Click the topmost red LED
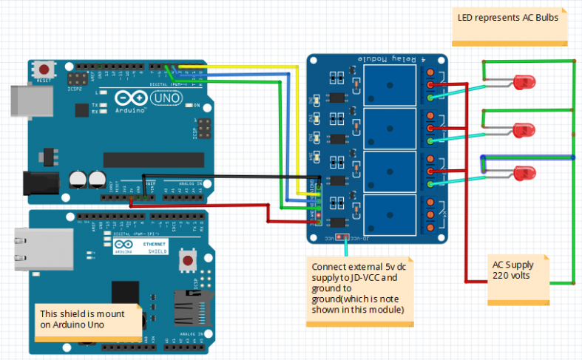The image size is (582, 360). [522, 81]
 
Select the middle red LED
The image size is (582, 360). [522, 127]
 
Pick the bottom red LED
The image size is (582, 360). [522, 174]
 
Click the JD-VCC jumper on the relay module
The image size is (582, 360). [342, 237]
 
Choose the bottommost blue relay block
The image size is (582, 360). [390, 216]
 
